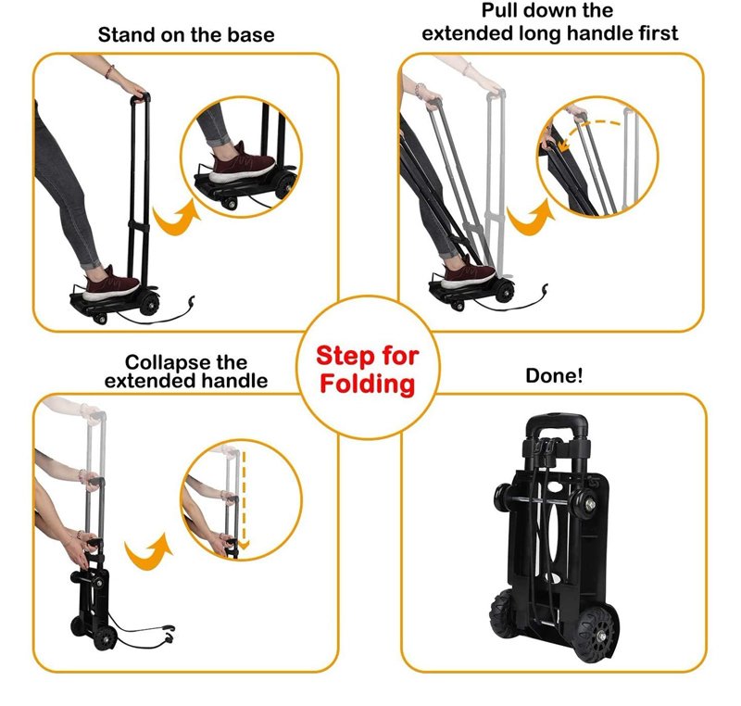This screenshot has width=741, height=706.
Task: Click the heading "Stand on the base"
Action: coord(186,35)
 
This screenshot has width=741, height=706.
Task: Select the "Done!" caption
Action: coord(554,375)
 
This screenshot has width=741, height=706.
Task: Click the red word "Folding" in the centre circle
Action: coord(367,384)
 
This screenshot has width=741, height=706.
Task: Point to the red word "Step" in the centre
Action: coord(346,356)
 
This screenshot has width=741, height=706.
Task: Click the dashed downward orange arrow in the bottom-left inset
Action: coord(244,500)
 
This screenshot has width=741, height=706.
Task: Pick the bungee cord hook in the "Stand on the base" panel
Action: coord(191,301)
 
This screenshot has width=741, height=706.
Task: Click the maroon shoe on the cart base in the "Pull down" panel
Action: coord(468,273)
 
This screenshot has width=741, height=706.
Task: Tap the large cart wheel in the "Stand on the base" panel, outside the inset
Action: coord(149,302)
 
